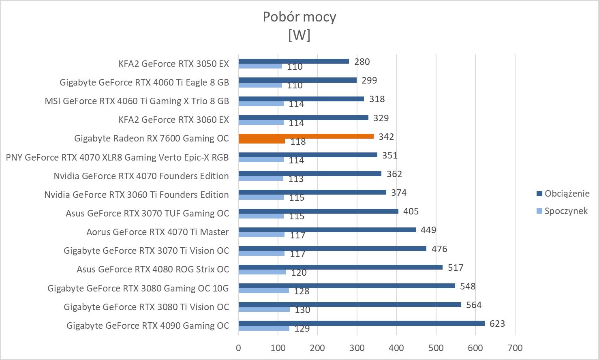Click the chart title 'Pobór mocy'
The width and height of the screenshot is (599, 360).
(299, 17)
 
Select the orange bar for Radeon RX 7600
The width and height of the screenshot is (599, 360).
(306, 136)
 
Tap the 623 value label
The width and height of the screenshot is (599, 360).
(497, 324)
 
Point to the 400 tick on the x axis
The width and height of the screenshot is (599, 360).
(396, 348)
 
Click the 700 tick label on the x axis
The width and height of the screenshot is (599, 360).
(515, 348)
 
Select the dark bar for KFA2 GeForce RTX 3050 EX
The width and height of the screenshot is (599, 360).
(293, 61)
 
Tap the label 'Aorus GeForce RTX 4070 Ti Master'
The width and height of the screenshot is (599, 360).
(157, 232)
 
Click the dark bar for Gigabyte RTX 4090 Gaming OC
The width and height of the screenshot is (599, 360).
(361, 323)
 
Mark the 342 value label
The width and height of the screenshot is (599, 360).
(386, 137)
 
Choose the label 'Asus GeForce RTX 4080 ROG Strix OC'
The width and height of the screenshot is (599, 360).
(153, 269)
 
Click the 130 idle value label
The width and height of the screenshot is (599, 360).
(302, 310)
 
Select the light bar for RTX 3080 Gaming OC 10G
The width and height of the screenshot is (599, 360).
(263, 291)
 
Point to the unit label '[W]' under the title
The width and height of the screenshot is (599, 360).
(299, 35)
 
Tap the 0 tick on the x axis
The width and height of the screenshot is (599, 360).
(238, 348)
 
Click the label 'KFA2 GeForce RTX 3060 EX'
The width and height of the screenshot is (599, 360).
(173, 120)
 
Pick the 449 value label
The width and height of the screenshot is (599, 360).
(428, 230)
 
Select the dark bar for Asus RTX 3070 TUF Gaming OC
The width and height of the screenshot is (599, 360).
(318, 211)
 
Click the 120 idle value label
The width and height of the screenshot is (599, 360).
(299, 273)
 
